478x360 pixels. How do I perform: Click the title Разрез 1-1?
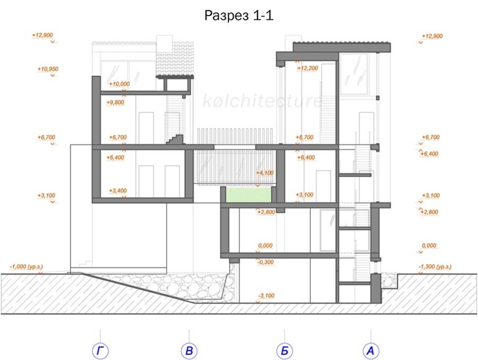[x=238, y=15]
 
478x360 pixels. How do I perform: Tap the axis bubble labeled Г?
[x=100, y=351]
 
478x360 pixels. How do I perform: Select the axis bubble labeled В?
[x=189, y=351]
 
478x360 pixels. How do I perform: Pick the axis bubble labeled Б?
[x=285, y=351]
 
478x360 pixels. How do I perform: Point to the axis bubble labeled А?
[x=371, y=351]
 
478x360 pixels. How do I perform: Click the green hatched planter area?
[x=249, y=195]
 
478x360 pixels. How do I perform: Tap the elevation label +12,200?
[x=308, y=68]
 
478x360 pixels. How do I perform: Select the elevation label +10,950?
[x=48, y=69]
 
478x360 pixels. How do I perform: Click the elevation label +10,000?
[x=119, y=84]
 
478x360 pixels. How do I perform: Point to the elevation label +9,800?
[x=115, y=102]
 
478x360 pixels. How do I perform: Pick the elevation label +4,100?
[x=265, y=173]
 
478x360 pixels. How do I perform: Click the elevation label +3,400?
[x=118, y=191]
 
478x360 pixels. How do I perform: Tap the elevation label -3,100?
[x=266, y=296]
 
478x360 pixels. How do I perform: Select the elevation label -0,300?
[x=266, y=262]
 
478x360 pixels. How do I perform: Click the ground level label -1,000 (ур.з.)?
[x=26, y=267]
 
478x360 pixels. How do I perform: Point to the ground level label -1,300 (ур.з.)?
[x=434, y=267]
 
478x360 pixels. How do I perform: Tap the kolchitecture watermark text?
[x=262, y=101]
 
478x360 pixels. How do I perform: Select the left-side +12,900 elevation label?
[x=42, y=35]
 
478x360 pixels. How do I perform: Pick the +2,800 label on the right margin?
[x=430, y=212]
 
